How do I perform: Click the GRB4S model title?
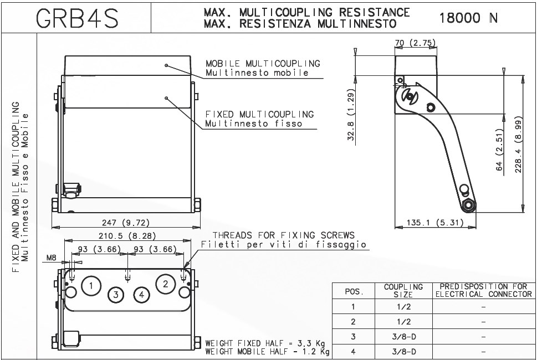click(x=76, y=18)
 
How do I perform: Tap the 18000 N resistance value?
click(x=468, y=18)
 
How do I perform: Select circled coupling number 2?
click(x=165, y=284)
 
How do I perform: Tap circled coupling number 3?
click(x=116, y=295)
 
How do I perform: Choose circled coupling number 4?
click(x=142, y=295)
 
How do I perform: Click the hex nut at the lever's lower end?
click(x=469, y=205)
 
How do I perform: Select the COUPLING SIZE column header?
click(x=403, y=291)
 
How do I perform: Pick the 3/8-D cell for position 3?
click(x=403, y=336)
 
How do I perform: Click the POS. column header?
click(x=354, y=291)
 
